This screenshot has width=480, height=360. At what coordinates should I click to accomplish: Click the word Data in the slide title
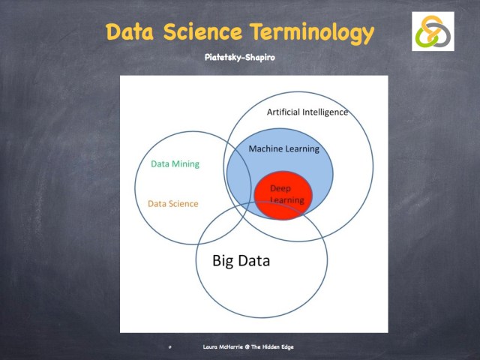132,32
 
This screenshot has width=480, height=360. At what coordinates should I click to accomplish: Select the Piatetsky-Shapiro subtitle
239,57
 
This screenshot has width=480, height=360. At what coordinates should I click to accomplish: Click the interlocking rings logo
433,31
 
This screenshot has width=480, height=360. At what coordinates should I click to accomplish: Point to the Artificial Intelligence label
307,112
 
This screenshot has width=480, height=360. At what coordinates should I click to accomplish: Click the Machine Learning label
283,148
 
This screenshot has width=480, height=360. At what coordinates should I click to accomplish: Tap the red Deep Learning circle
282,194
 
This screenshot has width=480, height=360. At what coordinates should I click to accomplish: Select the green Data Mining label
175,163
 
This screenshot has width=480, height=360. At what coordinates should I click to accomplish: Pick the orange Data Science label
173,203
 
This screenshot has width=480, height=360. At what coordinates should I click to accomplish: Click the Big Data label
241,261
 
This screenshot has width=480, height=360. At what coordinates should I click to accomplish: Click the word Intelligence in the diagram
325,112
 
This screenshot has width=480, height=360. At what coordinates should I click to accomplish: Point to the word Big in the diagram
223,261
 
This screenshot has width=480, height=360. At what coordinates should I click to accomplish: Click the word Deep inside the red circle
280,188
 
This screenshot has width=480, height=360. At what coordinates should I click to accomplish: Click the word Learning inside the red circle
287,200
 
